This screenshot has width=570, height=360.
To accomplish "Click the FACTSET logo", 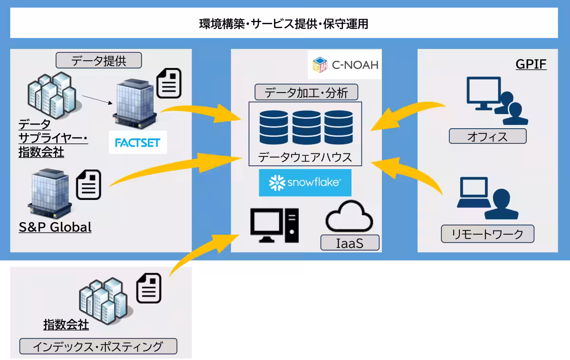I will [138, 142].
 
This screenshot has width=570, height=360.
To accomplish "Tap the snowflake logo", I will [305, 183].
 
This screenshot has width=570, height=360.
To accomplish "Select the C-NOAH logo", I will [346, 65].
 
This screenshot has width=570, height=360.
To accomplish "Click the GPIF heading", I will [531, 65].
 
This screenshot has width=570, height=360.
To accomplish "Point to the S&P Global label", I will [55, 227].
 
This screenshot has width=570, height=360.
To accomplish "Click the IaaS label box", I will [350, 243].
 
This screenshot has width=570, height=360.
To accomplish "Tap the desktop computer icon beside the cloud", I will [275, 226].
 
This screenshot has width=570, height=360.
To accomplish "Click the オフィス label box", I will [488, 136].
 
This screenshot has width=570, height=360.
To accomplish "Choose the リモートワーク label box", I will [488, 234].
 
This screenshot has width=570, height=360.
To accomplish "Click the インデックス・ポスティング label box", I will [98, 346].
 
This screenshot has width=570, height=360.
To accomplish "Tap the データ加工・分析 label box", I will [306, 92].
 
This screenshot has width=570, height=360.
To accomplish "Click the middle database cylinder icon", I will [306, 127].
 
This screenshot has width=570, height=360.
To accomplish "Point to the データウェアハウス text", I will [305, 157].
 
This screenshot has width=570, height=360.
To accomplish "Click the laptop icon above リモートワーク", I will [474, 194].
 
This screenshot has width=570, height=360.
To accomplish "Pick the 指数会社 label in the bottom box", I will [66, 325].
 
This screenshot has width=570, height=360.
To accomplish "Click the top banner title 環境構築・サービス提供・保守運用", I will [284, 24].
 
